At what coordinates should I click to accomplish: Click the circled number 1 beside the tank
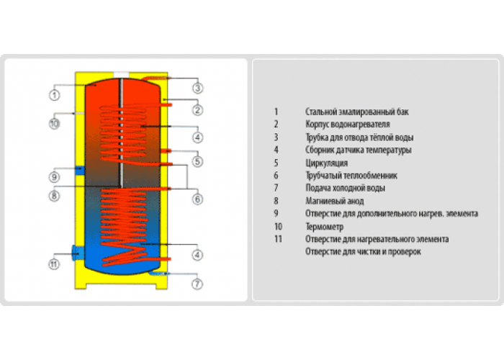pyautogui.click(x=54, y=95)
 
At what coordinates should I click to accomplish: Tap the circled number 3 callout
pyautogui.click(x=198, y=88)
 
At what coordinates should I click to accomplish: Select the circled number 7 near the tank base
pyautogui.click(x=197, y=284)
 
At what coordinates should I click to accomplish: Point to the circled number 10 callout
pyautogui.click(x=54, y=124)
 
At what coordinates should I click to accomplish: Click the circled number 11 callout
pyautogui.click(x=54, y=264)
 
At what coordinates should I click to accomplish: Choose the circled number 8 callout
pyautogui.click(x=54, y=195)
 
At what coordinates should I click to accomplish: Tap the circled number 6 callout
pyautogui.click(x=198, y=199)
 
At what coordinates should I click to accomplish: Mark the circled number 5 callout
pyautogui.click(x=198, y=161)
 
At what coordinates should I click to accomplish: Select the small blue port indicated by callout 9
pyautogui.click(x=80, y=171)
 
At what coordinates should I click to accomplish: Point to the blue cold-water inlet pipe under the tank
pyautogui.click(x=159, y=273)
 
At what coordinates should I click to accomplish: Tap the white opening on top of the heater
pyautogui.click(x=121, y=75)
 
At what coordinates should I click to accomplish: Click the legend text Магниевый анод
pyautogui.click(x=334, y=201)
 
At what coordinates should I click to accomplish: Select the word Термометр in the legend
pyautogui.click(x=324, y=227)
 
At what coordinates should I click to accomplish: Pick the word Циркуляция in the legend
pyautogui.click(x=327, y=163)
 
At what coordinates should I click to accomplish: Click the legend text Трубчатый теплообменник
pyautogui.click(x=351, y=176)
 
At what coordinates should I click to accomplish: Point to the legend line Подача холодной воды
pyautogui.click(x=345, y=188)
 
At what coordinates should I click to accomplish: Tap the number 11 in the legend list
pyautogui.click(x=278, y=239)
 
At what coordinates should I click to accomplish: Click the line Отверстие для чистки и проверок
pyautogui.click(x=363, y=251)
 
